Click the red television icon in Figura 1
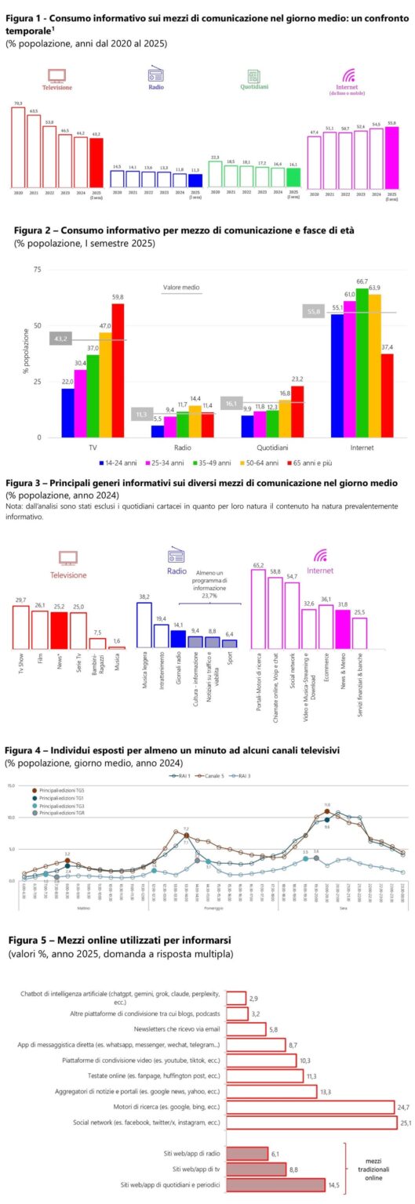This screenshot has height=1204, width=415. click(56, 75)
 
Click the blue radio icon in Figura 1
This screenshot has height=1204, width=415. click(155, 75)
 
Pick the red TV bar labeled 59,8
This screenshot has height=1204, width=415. click(118, 370)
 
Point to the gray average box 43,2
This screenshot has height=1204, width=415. click(60, 339)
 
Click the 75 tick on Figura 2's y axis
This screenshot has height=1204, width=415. click(36, 269)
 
